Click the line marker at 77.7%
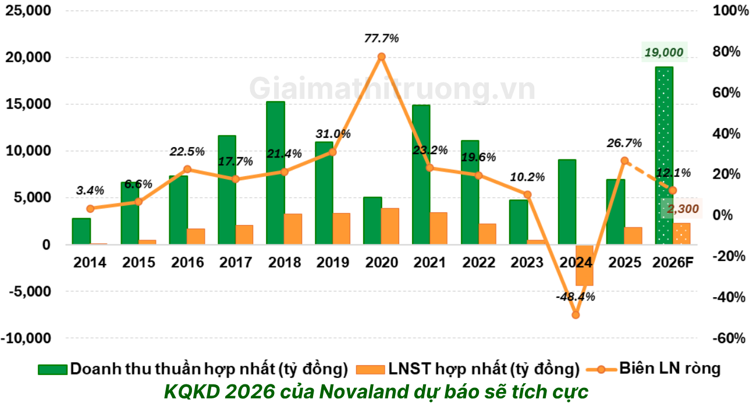(x=382, y=57)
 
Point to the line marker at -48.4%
(x=576, y=315)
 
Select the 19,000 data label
(x=664, y=53)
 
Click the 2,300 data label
(x=683, y=209)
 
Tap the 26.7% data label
(x=624, y=143)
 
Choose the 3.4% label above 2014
(x=90, y=190)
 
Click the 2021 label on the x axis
(x=430, y=263)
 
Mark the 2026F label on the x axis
(x=673, y=263)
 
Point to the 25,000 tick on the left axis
(x=29, y=11)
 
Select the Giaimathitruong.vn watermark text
(x=392, y=89)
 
